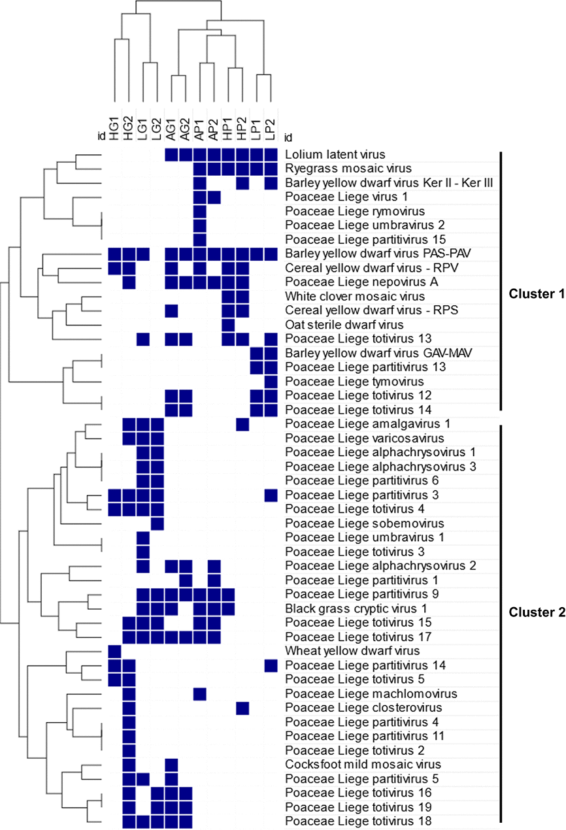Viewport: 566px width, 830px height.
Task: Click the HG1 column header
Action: [114, 129]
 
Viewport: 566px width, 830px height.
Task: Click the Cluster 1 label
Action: [537, 293]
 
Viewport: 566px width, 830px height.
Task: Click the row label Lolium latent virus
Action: [335, 154]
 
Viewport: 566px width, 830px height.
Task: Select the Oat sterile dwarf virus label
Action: [344, 325]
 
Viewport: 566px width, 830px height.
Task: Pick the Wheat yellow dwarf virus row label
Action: [352, 651]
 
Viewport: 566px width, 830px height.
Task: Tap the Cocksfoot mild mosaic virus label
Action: [363, 764]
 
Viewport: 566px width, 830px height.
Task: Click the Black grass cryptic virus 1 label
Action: [356, 608]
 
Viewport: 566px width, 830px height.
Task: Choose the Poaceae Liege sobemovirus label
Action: [364, 523]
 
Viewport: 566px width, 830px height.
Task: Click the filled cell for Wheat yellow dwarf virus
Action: [114, 651]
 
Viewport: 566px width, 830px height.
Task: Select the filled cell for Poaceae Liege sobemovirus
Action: [157, 523]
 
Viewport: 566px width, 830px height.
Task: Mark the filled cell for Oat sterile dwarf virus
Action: [228, 325]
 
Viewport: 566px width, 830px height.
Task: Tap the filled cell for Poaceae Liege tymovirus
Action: [271, 381]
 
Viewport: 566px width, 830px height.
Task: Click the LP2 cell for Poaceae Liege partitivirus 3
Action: [271, 495]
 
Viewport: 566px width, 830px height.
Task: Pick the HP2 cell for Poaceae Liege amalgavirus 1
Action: [242, 424]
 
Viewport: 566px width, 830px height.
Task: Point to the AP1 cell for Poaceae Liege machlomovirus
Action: [200, 693]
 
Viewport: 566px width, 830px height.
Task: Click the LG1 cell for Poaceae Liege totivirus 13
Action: [143, 339]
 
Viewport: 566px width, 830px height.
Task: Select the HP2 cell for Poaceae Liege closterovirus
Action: [242, 708]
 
